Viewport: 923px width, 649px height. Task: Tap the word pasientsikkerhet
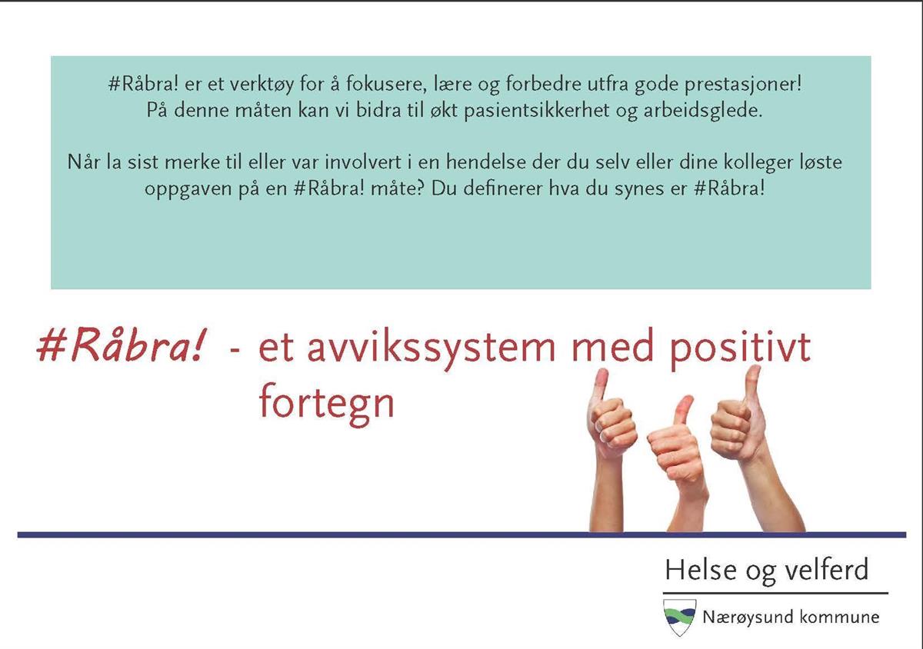point(537,111)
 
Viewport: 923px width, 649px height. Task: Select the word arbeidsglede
point(703,111)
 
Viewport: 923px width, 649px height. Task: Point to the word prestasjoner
point(743,85)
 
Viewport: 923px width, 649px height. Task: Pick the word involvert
point(362,162)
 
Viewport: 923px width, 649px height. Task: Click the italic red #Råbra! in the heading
point(120,346)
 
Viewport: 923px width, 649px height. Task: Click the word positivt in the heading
point(740,349)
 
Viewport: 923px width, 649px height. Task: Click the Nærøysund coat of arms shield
point(679,617)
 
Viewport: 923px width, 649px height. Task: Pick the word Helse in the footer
point(701,570)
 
